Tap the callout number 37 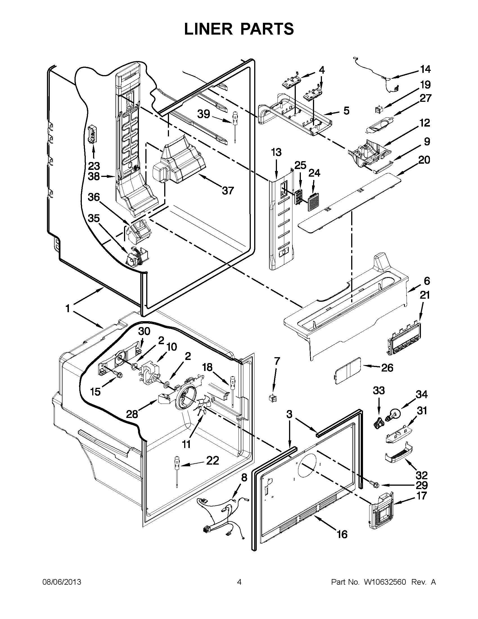click(x=228, y=190)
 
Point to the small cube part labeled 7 click(x=272, y=398)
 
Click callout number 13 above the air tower click(x=276, y=152)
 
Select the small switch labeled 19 click(x=379, y=109)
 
